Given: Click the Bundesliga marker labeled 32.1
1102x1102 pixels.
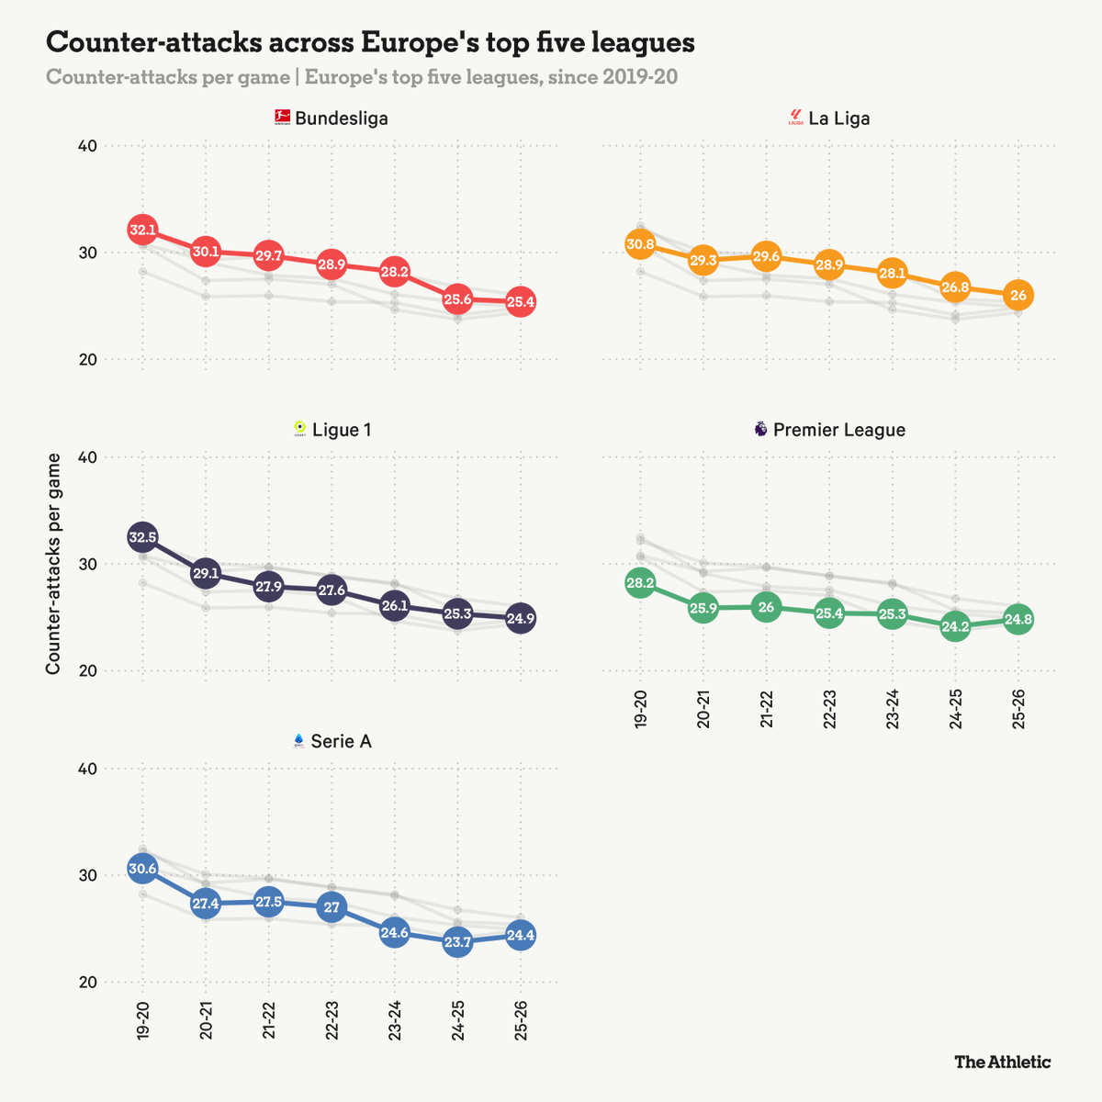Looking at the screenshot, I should coord(142,230).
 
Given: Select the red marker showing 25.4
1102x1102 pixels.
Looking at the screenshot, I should coord(521,301).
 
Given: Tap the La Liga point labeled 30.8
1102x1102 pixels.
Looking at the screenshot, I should coord(640,244).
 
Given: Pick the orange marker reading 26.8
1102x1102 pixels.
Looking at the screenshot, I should coord(955,287).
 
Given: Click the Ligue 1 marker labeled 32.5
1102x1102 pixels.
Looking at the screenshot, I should coord(142,536).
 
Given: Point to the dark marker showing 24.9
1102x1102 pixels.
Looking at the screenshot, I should coord(521,618).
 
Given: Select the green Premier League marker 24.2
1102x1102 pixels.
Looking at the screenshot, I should coord(955,628).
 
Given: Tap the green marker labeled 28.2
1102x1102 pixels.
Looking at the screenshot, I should coord(640,583).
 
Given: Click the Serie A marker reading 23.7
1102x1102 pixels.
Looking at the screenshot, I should coord(457,942).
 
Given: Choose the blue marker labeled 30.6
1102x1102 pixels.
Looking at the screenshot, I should coord(142,869).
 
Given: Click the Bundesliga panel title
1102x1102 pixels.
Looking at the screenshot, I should coord(341,118).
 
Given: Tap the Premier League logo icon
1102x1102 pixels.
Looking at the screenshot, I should coord(760,429).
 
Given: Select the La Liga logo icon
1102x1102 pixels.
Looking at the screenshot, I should coord(796,118).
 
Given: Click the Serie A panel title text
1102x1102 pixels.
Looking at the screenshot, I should coord(341,741).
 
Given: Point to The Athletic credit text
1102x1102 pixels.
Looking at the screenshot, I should coord(1003,1063).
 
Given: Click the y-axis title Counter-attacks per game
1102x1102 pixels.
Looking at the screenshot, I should coord(53,564).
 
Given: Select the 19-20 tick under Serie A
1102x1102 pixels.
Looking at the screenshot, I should coord(142,1018).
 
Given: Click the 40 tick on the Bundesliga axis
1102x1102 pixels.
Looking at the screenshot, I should coord(87,146).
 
